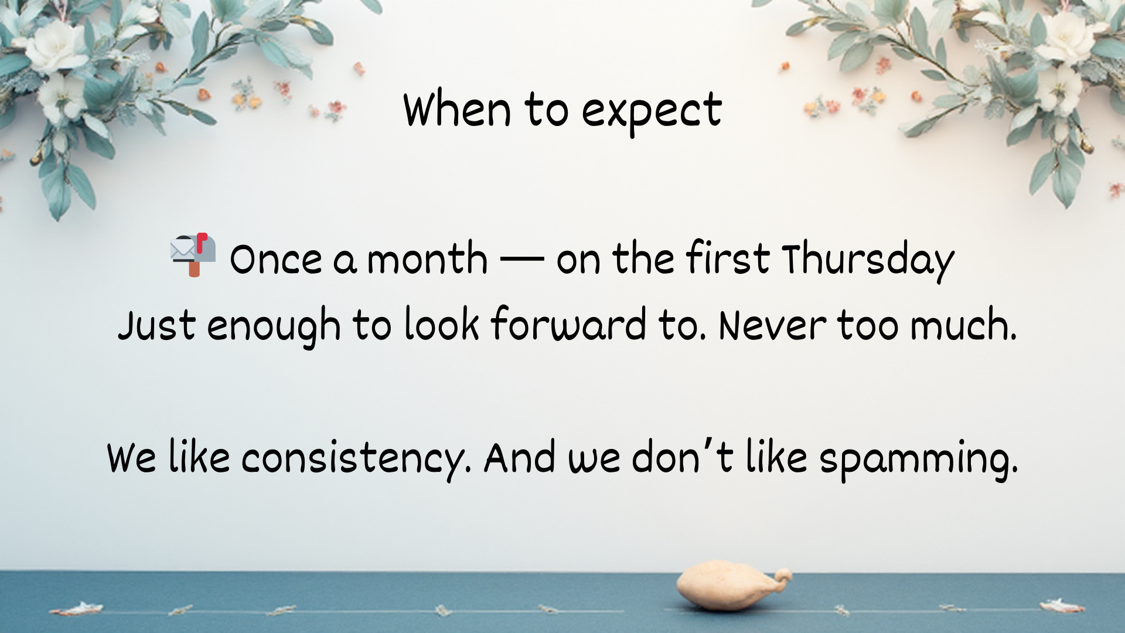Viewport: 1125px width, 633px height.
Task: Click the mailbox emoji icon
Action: click(x=193, y=255)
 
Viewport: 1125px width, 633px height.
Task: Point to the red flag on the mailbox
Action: click(x=202, y=242)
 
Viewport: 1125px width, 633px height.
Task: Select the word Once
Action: click(x=276, y=259)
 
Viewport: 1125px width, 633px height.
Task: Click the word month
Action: click(x=427, y=258)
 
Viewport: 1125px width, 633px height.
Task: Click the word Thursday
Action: click(x=868, y=260)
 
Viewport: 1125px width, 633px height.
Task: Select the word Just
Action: click(x=156, y=325)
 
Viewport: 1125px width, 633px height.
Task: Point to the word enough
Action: click(x=274, y=326)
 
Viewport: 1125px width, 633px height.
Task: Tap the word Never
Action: click(x=772, y=325)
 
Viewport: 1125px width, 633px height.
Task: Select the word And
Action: click(x=520, y=457)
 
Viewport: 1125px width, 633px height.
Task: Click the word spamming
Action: click(x=919, y=461)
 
